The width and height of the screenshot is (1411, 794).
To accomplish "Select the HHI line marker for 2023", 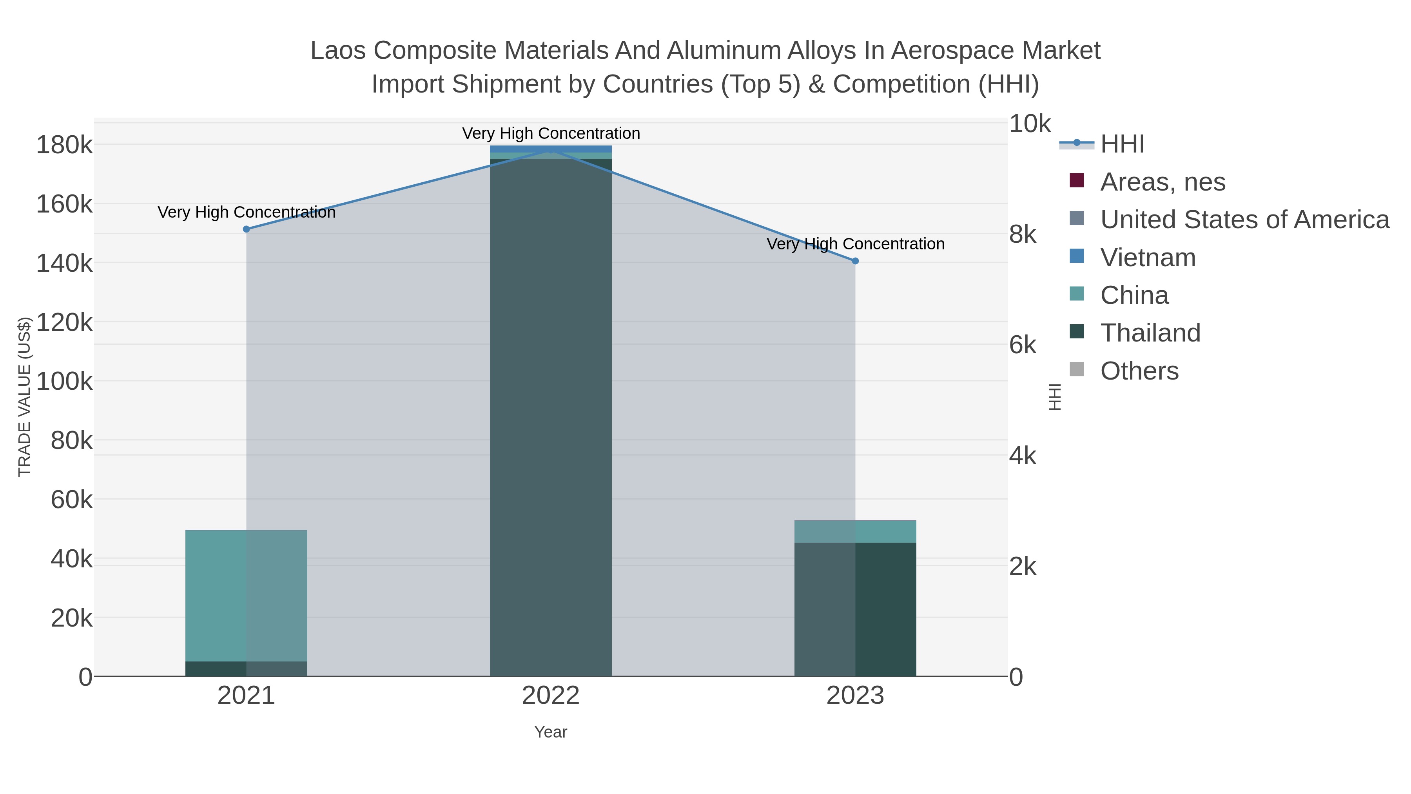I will (855, 261).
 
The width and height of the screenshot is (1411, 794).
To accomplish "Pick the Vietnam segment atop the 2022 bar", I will (551, 149).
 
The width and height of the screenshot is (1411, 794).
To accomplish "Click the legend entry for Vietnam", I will (1148, 258).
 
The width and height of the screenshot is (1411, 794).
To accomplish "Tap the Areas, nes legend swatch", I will (1076, 181).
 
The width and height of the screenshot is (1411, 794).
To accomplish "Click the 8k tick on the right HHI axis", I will (1023, 234).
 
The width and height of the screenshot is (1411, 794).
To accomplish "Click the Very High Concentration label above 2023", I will (855, 244).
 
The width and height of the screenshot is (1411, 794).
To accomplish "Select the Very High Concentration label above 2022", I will (551, 133).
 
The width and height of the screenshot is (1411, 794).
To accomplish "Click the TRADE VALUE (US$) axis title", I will (25, 397).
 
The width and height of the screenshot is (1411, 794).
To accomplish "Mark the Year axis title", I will (551, 732).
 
